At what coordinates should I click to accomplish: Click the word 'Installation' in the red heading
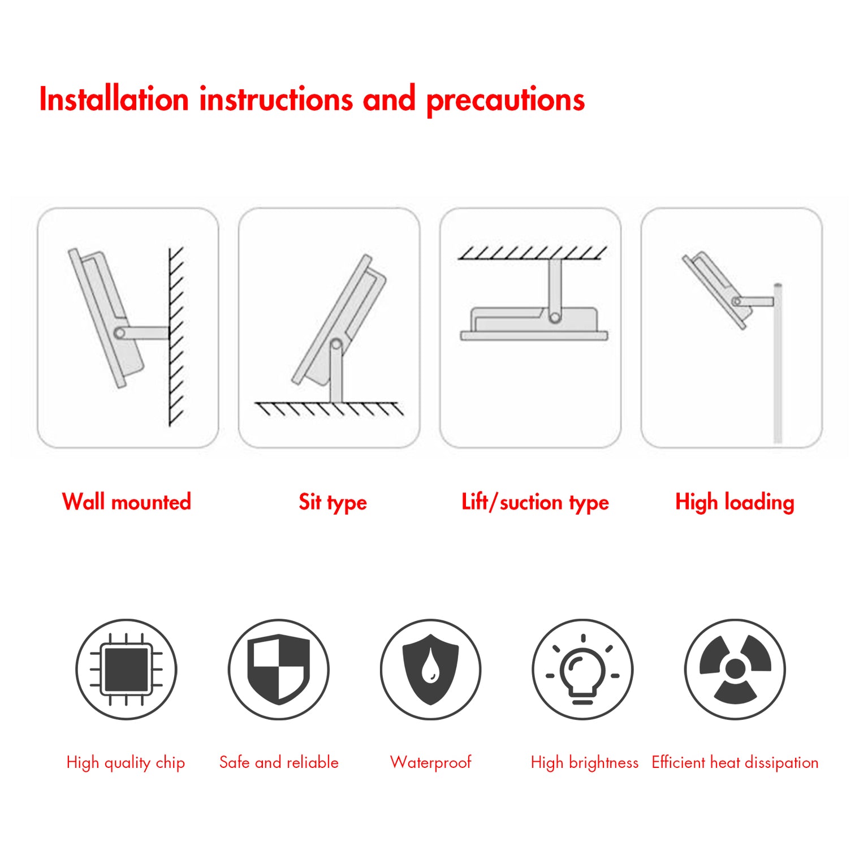[x=114, y=100]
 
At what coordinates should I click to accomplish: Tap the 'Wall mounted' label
[x=127, y=502]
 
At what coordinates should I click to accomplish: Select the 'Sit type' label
[x=332, y=502]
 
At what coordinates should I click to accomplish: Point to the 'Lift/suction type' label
[x=535, y=502]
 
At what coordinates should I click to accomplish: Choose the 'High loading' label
[x=735, y=502]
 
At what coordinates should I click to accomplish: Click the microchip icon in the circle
[x=126, y=670]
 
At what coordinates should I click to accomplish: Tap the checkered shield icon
[x=279, y=670]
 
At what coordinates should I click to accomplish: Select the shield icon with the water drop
[x=430, y=670]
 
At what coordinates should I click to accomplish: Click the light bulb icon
[x=582, y=670]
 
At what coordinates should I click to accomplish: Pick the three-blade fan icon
[x=735, y=670]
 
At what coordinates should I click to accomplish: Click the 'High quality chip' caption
[x=126, y=763]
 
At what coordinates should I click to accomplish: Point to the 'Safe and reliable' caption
[x=279, y=763]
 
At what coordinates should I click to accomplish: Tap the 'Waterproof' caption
[x=430, y=763]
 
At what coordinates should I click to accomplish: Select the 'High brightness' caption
[x=585, y=763]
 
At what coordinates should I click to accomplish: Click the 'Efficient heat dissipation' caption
[x=735, y=763]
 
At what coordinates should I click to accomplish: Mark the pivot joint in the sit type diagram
[x=336, y=344]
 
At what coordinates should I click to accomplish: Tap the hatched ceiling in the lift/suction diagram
[x=532, y=253]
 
